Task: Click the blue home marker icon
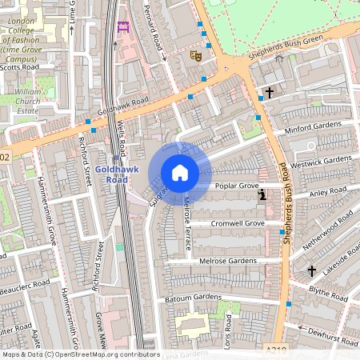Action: point(180,172)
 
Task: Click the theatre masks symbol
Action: point(194,56)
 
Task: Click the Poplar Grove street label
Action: point(237,186)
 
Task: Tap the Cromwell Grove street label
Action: point(238,223)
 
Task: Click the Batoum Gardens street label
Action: point(194,298)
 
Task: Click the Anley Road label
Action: point(327,191)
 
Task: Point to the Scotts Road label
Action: point(20,68)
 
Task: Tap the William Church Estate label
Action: point(28,102)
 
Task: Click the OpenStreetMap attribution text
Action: point(80,354)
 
